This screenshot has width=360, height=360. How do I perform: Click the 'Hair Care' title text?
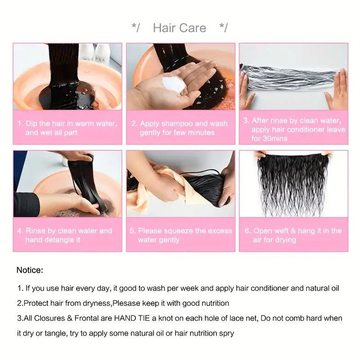(x=180, y=28)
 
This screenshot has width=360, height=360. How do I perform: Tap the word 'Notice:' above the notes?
(x=30, y=270)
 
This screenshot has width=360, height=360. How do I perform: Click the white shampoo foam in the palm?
(x=174, y=84)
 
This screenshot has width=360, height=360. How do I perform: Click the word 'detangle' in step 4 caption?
(x=59, y=240)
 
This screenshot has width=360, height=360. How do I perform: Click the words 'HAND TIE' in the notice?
(x=132, y=318)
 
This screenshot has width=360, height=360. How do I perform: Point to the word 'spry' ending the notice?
(x=227, y=333)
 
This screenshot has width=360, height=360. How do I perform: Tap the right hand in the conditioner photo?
(x=337, y=90)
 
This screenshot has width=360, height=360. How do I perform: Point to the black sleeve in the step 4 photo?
(x=26, y=204)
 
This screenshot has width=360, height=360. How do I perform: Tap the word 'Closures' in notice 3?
(x=49, y=318)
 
